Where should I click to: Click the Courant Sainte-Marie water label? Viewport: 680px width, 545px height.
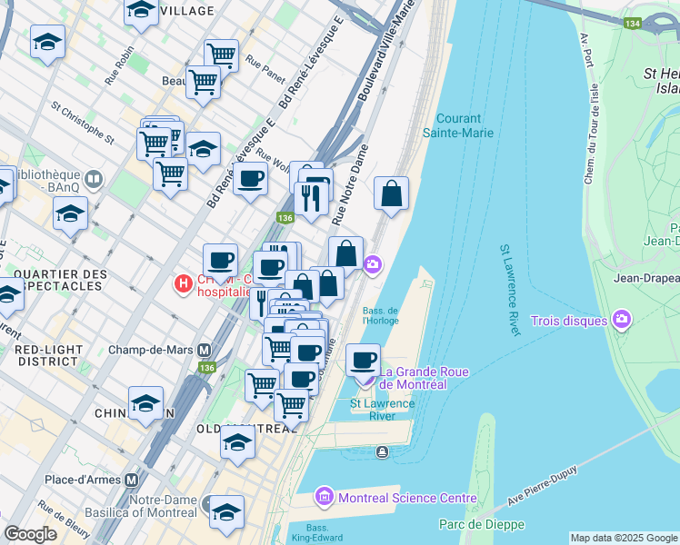(x=465, y=125)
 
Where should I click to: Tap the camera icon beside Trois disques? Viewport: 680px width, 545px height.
(x=622, y=318)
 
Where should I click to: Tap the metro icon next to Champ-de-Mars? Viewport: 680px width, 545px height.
(x=205, y=350)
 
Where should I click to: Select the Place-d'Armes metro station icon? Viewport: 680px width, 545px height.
(x=132, y=479)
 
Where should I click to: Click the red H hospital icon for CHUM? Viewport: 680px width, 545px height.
(x=183, y=284)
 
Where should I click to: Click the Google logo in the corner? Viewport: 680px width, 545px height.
(x=30, y=533)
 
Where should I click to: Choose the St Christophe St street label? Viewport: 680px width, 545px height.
(x=83, y=123)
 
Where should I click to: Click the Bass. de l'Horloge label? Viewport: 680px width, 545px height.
(x=380, y=314)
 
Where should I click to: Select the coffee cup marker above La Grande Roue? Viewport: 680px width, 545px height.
(x=364, y=359)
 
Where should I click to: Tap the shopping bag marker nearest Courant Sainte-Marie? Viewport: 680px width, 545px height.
(x=391, y=193)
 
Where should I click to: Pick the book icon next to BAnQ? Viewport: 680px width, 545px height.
(x=93, y=179)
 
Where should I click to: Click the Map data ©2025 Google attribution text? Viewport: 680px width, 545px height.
(x=624, y=537)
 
